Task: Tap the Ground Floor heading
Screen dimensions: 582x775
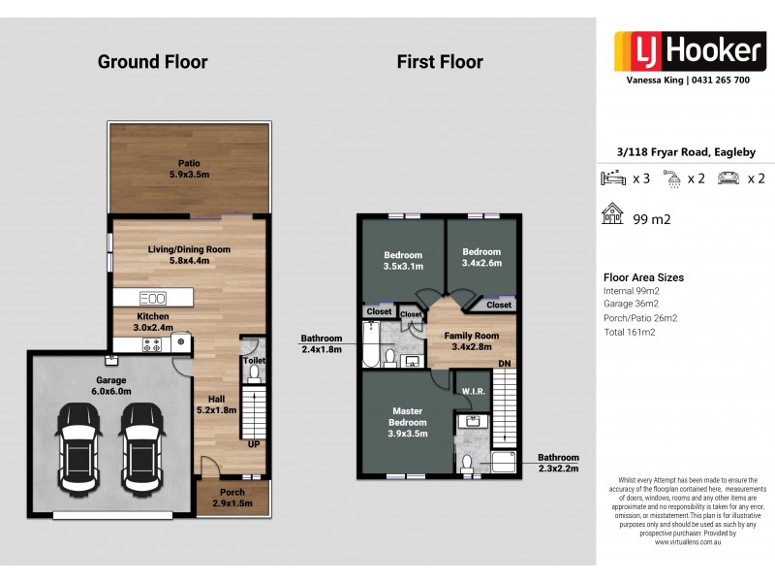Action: click(x=152, y=62)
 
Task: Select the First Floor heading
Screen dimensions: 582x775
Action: click(x=439, y=62)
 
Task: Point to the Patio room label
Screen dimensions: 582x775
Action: click(x=188, y=169)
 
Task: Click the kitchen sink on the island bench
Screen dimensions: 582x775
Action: click(x=153, y=298)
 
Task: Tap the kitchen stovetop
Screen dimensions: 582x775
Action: click(x=153, y=341)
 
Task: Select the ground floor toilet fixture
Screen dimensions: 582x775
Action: click(x=254, y=372)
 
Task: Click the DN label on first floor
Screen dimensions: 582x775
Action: click(x=503, y=364)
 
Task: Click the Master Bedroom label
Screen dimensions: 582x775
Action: click(x=407, y=416)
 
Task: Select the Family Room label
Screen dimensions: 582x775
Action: click(x=472, y=341)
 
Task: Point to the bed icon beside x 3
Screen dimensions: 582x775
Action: click(x=613, y=178)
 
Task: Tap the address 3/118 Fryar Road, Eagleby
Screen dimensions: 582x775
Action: click(x=686, y=152)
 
